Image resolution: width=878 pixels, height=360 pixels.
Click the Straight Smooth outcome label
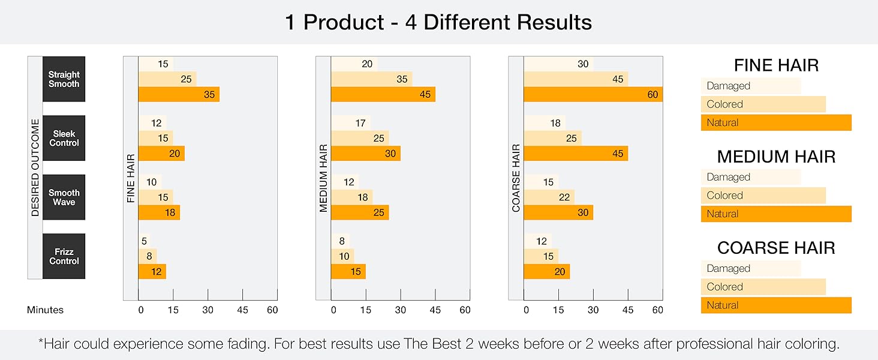pyautogui.click(x=64, y=79)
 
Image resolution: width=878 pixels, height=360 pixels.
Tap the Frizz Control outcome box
pyautogui.click(x=64, y=256)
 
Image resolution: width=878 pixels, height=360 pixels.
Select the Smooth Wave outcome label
pyautogui.click(x=64, y=197)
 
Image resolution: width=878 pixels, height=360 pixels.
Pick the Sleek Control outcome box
pyautogui.click(x=64, y=138)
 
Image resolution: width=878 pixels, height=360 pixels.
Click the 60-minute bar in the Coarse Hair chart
pyautogui.click(x=593, y=94)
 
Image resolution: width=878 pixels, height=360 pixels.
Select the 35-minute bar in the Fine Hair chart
pyautogui.click(x=179, y=94)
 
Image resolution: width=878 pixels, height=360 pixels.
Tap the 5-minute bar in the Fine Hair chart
pyautogui.click(x=144, y=241)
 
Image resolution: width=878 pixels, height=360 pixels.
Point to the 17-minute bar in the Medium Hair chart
pyautogui.click(x=350, y=124)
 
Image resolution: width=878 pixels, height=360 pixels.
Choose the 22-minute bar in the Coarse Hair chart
pyautogui.click(x=549, y=197)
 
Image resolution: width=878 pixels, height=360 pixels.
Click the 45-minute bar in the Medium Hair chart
pyautogui.click(x=383, y=94)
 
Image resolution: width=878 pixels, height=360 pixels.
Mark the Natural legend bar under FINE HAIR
pyautogui.click(x=775, y=122)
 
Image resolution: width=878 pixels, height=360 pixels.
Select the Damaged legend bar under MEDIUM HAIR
pyautogui.click(x=750, y=177)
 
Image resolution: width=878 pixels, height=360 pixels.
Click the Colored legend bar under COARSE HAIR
pyautogui.click(x=763, y=287)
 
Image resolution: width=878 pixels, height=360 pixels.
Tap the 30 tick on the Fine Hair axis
pyautogui.click(x=208, y=310)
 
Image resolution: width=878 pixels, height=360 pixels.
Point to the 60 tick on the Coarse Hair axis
pyautogui.click(x=657, y=310)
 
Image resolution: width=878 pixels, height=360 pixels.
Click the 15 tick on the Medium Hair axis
pyautogui.click(x=366, y=310)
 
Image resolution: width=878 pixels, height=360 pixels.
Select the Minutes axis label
pyautogui.click(x=45, y=310)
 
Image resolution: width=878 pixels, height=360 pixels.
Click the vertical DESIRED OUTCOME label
pyautogui.click(x=35, y=167)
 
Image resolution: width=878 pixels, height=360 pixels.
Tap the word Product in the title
pyautogui.click(x=344, y=23)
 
